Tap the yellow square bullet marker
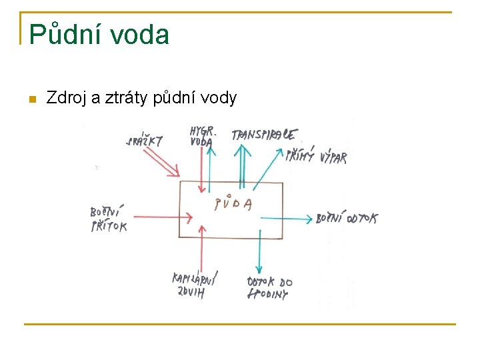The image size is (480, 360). point(31,99)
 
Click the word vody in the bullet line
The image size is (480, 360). point(218,99)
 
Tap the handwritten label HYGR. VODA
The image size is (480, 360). point(201,135)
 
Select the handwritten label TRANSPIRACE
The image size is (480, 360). point(264,135)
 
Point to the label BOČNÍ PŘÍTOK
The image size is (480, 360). point(107,219)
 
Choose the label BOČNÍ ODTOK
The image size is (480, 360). point(346,218)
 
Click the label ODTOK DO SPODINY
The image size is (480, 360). point(269,288)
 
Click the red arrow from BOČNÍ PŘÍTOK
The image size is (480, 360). point(160,217)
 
